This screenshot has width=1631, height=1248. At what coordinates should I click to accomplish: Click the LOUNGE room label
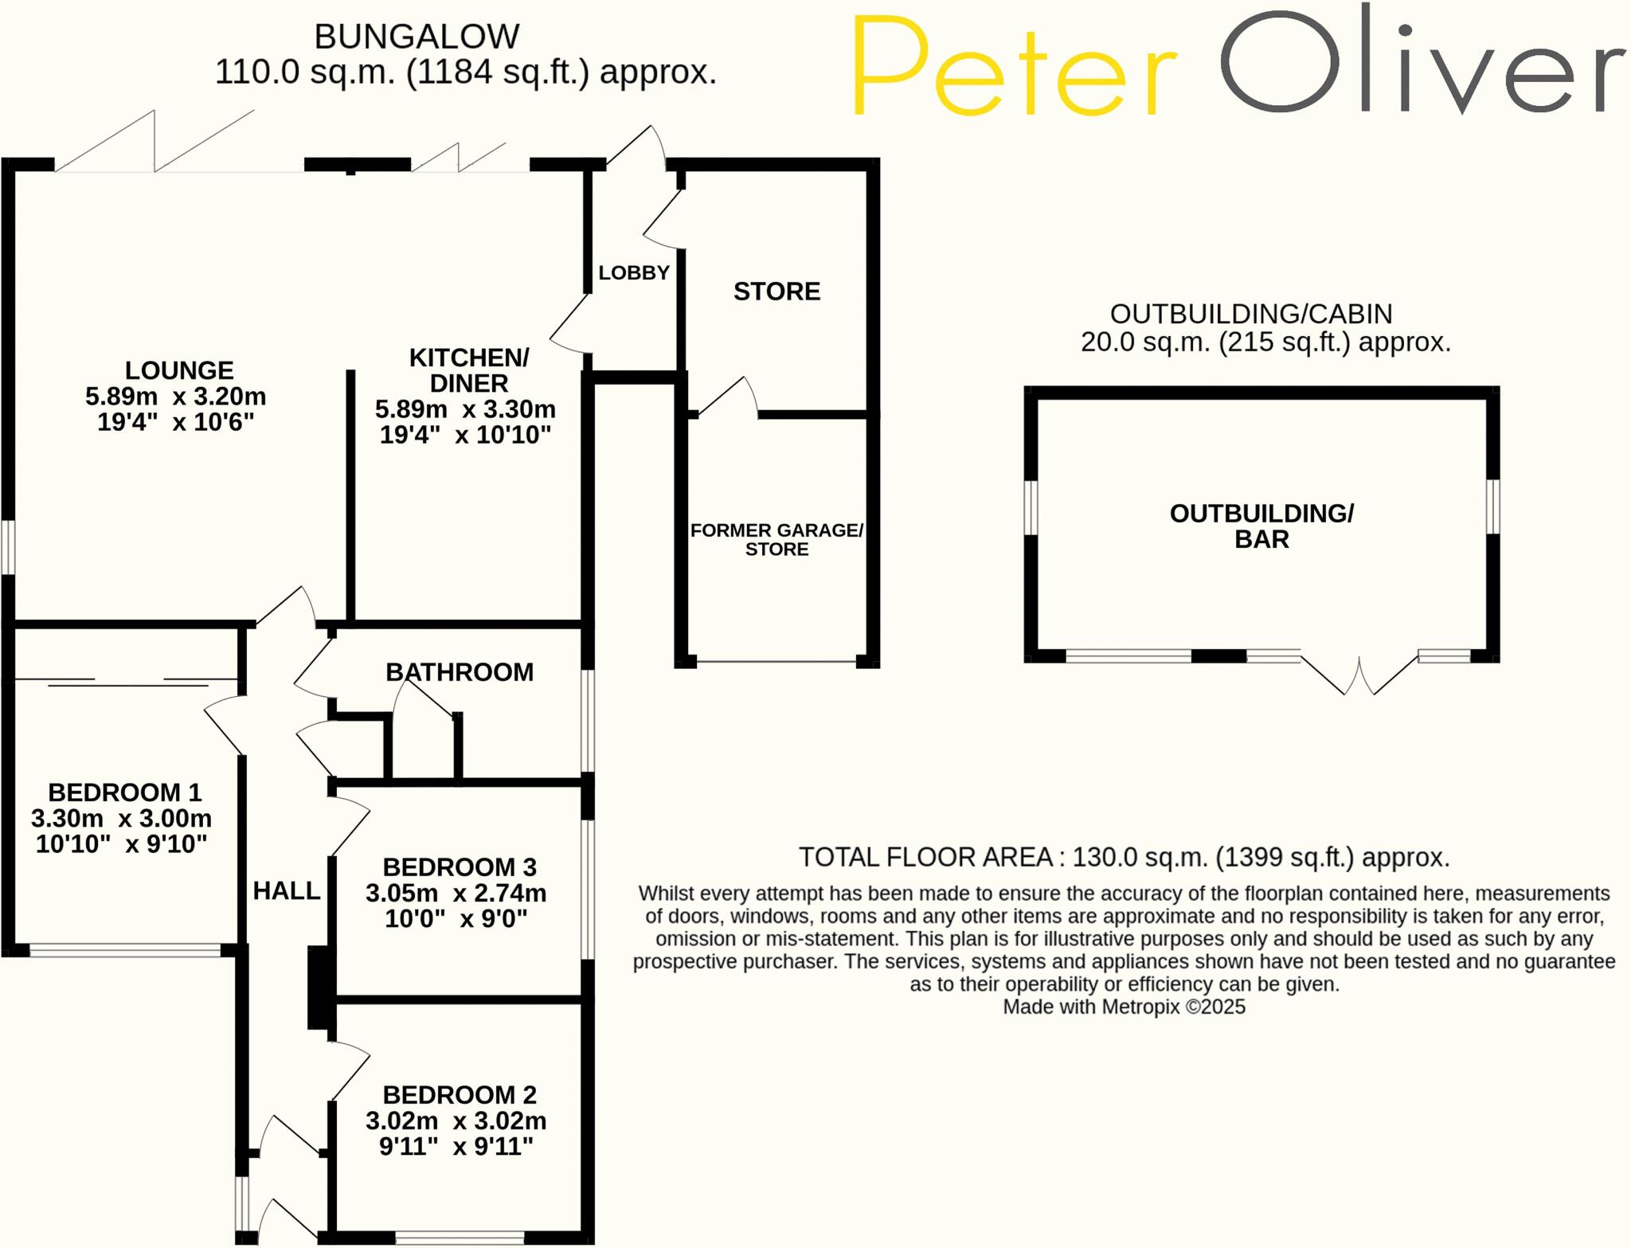point(179,370)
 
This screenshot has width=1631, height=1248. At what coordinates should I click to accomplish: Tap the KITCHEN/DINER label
point(468,370)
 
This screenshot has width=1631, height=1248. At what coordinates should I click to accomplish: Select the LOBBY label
point(634,272)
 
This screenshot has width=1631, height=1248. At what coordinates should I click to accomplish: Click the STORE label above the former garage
point(776,291)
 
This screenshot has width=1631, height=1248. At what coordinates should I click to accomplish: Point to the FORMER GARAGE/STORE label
point(776,539)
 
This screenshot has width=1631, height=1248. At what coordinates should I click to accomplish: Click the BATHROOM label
point(460,672)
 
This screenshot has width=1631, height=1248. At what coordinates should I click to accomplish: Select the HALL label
point(287,890)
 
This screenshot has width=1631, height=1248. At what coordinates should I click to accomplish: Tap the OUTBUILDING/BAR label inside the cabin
point(1261,526)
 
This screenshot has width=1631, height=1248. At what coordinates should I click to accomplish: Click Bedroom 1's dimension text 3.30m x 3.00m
point(121,818)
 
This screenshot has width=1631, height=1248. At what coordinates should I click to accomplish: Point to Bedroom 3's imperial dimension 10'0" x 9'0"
point(456,918)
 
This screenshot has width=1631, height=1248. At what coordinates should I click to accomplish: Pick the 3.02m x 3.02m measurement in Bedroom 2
point(456,1121)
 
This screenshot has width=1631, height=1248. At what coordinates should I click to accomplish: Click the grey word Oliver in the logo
point(1422,64)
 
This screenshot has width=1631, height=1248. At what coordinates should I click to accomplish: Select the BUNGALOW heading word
point(417,37)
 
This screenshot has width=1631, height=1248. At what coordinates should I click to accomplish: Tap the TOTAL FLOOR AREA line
point(1124,857)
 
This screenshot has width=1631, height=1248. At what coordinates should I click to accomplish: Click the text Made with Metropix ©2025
point(1124,1007)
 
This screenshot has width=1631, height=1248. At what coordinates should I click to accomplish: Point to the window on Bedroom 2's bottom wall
point(460,1238)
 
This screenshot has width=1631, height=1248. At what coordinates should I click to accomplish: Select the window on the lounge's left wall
point(8,547)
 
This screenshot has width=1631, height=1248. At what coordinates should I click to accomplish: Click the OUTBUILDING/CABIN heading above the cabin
point(1251,314)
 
